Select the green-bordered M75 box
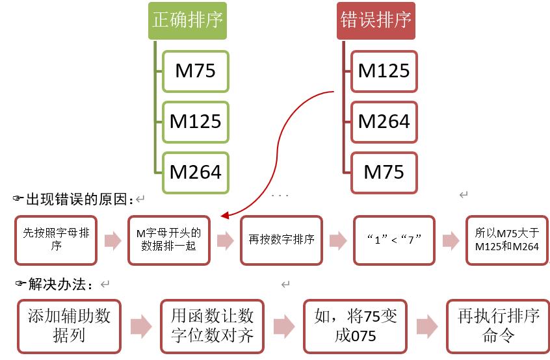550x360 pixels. tap(195, 70)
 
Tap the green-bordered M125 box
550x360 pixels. tap(195, 121)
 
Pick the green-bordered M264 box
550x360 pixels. tap(195, 172)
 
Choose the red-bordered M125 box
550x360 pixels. tap(384, 70)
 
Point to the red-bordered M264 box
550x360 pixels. tap(384, 121)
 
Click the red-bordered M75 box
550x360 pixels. tap(384, 172)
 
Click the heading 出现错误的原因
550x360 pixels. tap(78, 198)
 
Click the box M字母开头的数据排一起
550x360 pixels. tap(169, 240)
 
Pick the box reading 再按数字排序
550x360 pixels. tap(281, 240)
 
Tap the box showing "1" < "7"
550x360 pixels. tap(393, 240)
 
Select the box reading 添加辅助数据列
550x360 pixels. tap(69, 326)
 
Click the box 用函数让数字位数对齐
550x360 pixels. tap(212, 326)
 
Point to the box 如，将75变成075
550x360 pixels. tap(354, 326)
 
